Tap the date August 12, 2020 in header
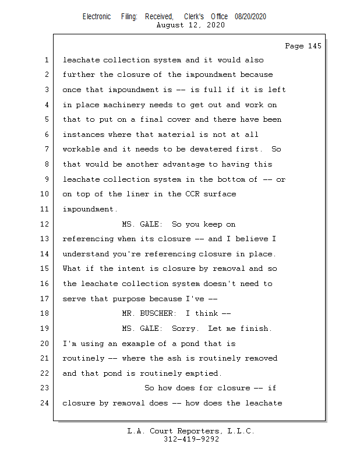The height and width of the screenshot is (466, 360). click(x=191, y=25)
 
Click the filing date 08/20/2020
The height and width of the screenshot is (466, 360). click(x=250, y=17)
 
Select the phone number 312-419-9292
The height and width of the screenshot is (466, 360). click(x=191, y=439)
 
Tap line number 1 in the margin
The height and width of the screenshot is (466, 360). click(x=46, y=60)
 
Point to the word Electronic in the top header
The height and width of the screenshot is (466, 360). click(x=96, y=17)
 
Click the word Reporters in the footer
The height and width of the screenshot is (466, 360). click(x=195, y=431)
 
